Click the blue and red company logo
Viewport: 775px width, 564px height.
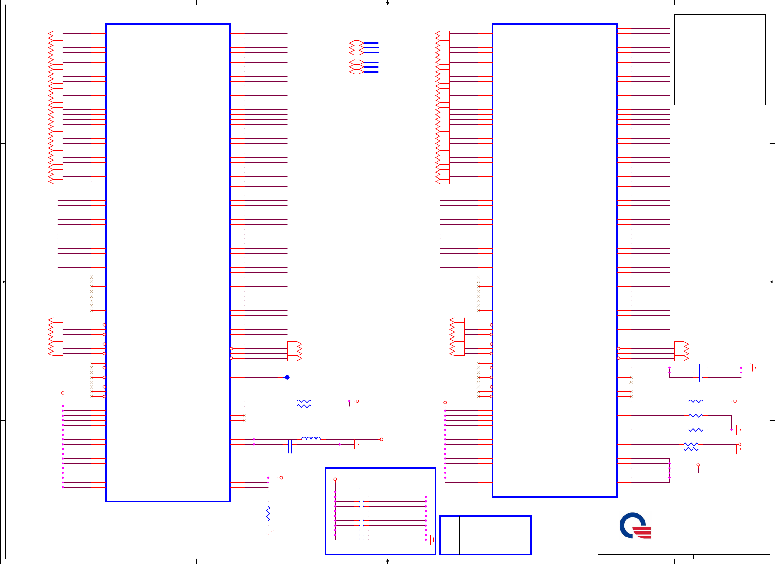click(635, 526)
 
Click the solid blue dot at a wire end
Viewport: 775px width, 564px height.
click(287, 377)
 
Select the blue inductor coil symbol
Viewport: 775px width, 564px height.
click(311, 438)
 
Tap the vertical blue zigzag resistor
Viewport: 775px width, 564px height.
click(268, 513)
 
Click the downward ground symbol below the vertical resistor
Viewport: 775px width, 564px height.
click(268, 532)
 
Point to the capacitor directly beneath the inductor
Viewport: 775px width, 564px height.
click(290, 446)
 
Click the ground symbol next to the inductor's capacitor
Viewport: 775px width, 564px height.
click(356, 444)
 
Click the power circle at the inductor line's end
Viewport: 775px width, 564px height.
click(381, 439)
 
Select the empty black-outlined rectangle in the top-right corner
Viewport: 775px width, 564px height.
click(720, 59)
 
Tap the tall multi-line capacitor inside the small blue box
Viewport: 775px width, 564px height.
click(362, 516)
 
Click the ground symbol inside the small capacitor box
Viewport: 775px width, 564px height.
click(432, 539)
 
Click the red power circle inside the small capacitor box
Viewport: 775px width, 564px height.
click(335, 479)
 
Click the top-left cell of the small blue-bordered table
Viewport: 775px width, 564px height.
click(450, 525)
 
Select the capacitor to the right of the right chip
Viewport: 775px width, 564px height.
click(701, 373)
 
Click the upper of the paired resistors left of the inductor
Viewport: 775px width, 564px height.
click(304, 401)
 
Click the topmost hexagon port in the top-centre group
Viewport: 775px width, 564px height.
click(356, 43)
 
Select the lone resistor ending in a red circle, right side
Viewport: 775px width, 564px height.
click(696, 401)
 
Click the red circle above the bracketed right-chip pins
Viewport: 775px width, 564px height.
click(698, 465)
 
